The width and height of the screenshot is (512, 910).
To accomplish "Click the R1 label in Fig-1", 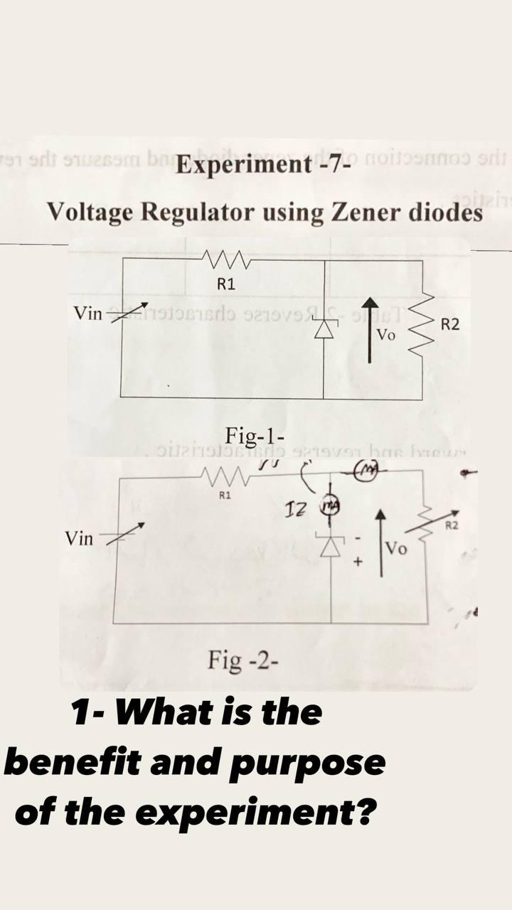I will pos(225,285).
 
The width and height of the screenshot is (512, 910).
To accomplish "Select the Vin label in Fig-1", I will pos(88,313).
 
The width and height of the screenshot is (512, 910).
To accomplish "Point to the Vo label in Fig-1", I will pos(386,335).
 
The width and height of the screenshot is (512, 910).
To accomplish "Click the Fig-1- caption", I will pos(254,434).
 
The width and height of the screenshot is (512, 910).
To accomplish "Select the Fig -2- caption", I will pos(243,661).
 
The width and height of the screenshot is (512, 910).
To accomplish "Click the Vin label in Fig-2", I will pos(79,538).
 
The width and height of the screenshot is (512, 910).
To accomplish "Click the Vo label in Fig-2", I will pos(396,550).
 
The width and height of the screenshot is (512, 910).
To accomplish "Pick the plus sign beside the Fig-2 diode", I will pos(359,562).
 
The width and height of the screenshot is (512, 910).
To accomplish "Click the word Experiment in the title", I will pos(240,166).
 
